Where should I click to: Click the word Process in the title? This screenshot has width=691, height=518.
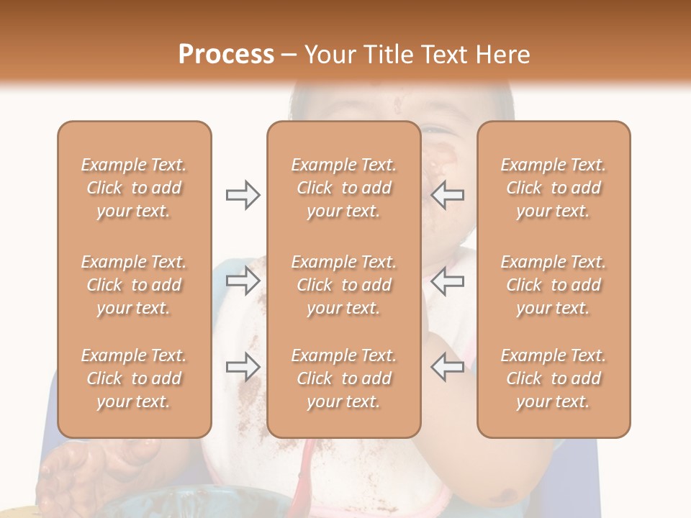coord(226,54)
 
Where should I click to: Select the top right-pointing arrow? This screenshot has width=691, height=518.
coord(243,195)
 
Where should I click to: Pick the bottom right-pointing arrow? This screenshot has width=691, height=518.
coord(243,367)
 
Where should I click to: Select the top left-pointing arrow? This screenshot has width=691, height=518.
coord(447,195)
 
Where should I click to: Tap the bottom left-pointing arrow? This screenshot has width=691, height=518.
coord(447,367)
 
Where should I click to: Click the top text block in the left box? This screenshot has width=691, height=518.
coord(134,188)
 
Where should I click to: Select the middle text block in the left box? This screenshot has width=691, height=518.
coord(134,285)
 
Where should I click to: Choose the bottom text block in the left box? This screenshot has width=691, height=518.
coord(134,378)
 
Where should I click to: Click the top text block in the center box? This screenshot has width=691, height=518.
coord(344,188)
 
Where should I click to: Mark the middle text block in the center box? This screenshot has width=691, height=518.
coord(344,285)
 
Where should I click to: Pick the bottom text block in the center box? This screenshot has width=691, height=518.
coord(344,378)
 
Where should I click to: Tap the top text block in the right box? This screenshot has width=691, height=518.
coord(554,188)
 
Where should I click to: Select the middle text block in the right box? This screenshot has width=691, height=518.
coord(554,285)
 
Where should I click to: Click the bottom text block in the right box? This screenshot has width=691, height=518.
coord(554,378)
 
